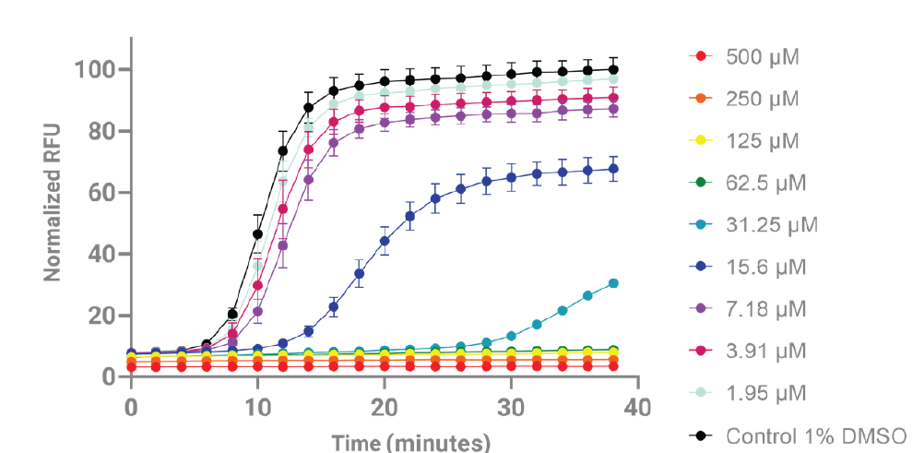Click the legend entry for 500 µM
pos(762,57)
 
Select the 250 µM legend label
pos(762,99)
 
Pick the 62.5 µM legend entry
pos(765,183)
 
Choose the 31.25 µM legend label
pos(771,225)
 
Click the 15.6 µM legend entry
pos(765,267)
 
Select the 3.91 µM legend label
pos(765,351)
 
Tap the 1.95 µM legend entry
pos(765,393)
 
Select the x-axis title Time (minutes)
pos(410,442)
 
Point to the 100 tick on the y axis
pos(95,70)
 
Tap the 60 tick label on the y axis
pos(101,193)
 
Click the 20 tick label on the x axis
pos(385,407)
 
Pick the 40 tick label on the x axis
pos(638,407)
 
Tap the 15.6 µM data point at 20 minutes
pos(385,241)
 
